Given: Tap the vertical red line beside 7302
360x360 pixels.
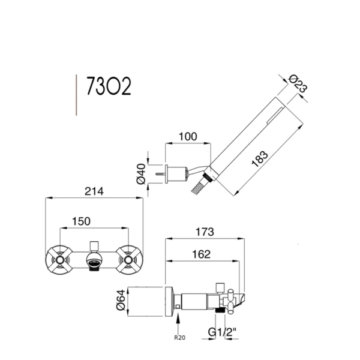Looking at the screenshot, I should pos(76,94).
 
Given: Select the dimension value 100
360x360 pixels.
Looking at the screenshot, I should pos(188,137).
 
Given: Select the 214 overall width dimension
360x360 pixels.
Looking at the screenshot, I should pos(95,191).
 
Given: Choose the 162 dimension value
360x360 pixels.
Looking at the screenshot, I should pos(201,254).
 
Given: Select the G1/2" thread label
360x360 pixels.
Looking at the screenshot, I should pos(223,331).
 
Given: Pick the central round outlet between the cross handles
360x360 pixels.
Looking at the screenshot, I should pos(94,260).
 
